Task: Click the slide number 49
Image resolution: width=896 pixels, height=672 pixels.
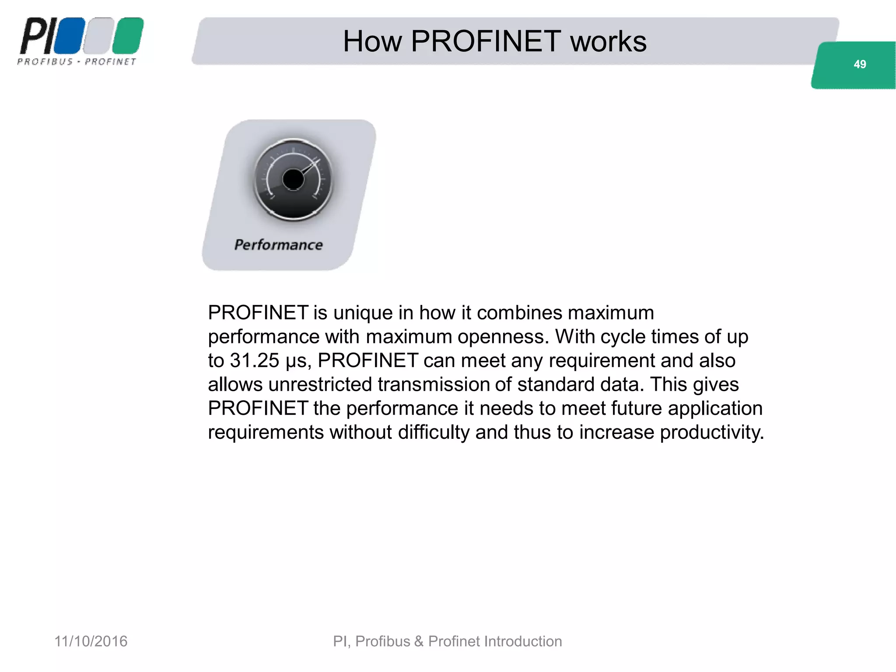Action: tap(859, 64)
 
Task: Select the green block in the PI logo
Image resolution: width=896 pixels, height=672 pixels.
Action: tap(128, 36)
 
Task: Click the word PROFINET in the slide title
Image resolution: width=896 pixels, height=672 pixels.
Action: tap(486, 42)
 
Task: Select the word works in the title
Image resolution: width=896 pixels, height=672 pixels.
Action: tap(608, 42)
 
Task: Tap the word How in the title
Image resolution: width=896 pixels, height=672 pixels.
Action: tap(372, 42)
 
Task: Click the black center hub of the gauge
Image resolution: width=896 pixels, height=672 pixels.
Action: tap(293, 179)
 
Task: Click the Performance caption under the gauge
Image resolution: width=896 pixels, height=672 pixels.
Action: tap(279, 245)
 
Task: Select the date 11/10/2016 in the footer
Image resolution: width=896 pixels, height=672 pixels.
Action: tap(91, 641)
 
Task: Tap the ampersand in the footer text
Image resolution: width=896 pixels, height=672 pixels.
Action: tap(419, 641)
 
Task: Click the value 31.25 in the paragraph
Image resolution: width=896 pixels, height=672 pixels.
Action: tap(255, 360)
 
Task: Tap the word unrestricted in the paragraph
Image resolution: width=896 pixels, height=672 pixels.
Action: tap(320, 385)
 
